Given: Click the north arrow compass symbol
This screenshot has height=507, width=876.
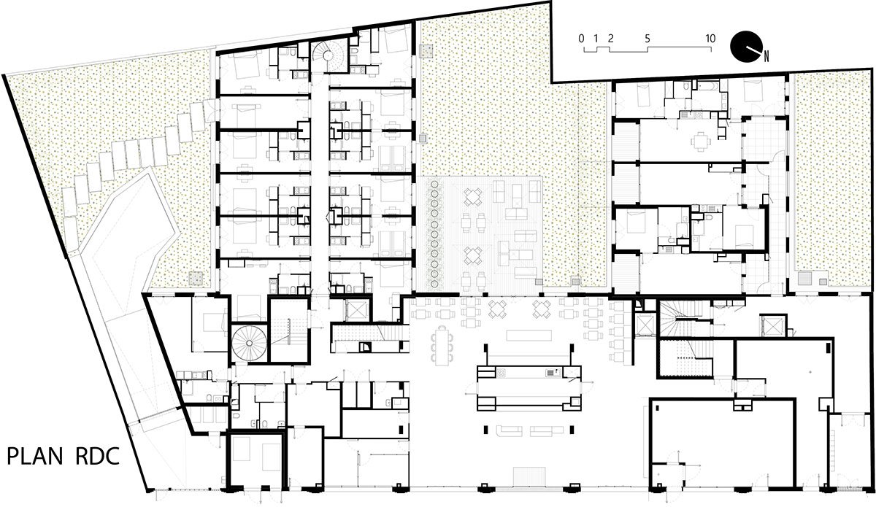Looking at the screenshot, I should [x=745, y=46].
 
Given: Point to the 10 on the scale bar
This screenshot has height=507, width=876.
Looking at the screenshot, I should [x=710, y=37].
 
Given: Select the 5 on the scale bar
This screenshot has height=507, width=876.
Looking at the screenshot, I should [x=648, y=37].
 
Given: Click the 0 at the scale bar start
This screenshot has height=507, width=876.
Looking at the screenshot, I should [x=581, y=37].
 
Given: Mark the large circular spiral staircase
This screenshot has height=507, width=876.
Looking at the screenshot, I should [x=247, y=343].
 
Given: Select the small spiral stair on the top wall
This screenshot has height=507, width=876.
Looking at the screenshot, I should [x=328, y=55].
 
